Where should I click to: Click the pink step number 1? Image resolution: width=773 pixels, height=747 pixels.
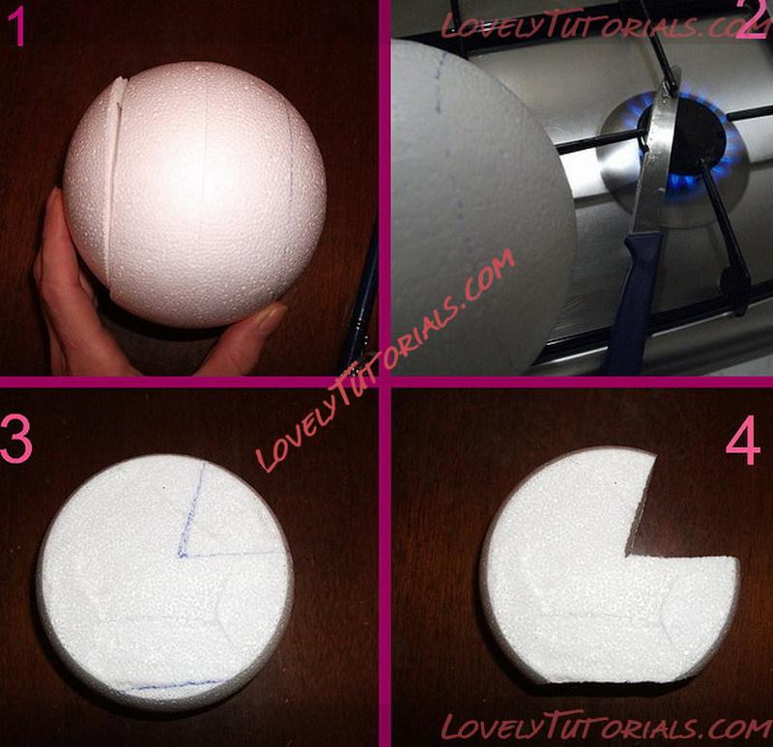pyautogui.click(x=18, y=28)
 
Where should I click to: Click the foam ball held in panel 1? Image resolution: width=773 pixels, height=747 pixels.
pyautogui.click(x=195, y=195)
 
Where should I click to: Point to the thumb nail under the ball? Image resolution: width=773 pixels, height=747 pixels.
pyautogui.click(x=271, y=316)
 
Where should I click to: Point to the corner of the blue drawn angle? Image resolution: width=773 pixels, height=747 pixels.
pyautogui.click(x=180, y=556)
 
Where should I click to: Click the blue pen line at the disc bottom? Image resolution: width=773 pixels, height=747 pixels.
pyautogui.click(x=173, y=685)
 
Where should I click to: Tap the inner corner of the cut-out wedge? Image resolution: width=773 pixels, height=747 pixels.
pyautogui.click(x=627, y=556)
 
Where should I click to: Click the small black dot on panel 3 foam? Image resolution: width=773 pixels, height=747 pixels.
pyautogui.click(x=164, y=488)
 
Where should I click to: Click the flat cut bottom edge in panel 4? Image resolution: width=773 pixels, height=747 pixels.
pyautogui.click(x=607, y=683)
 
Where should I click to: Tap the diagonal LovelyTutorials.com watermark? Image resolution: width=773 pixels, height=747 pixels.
pyautogui.click(x=386, y=359)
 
